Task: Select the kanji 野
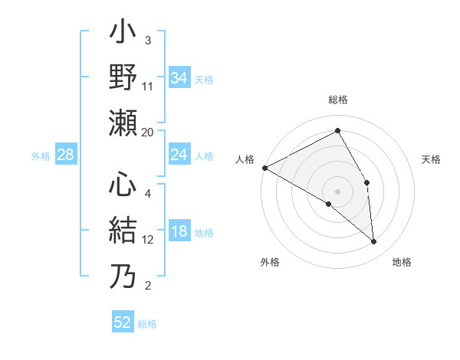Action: pos(123,78)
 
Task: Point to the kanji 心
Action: pos(123,185)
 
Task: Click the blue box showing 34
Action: pos(179,77)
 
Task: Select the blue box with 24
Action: pos(179,155)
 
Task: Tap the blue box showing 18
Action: pos(179,232)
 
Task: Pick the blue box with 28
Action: pos(66,155)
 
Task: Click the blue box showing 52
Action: pos(123,322)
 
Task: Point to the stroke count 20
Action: pos(148,132)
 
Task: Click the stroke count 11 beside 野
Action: pos(148,86)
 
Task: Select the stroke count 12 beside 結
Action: pos(148,239)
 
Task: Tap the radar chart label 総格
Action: pos(338,100)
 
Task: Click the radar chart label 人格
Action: pos(245,159)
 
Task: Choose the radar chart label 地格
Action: pos(402,262)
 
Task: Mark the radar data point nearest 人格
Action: pos(264,168)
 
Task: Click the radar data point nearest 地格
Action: pos(373,241)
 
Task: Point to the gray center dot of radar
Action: pos(338,191)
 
